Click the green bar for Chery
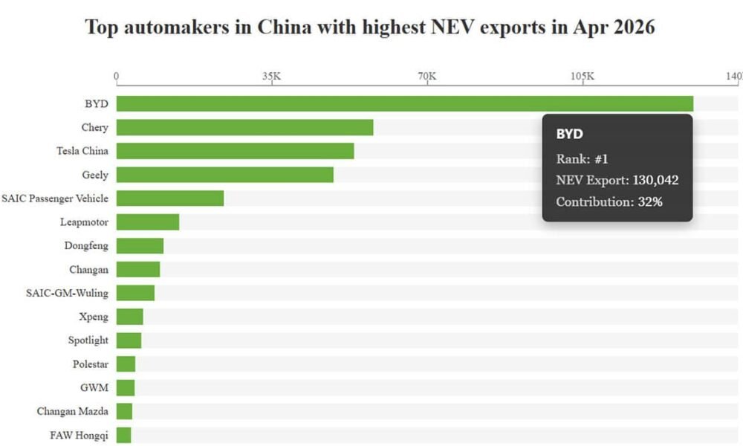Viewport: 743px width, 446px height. (x=244, y=128)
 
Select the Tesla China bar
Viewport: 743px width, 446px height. (x=235, y=151)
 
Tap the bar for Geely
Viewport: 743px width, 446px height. (x=225, y=175)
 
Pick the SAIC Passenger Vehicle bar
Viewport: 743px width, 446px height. (x=170, y=198)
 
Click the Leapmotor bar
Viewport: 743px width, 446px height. (x=148, y=222)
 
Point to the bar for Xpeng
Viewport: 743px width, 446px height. (x=130, y=317)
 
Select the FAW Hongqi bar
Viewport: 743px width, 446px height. (x=123, y=435)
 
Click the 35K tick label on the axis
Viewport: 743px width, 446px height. (x=271, y=76)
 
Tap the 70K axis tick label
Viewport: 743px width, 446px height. (x=427, y=76)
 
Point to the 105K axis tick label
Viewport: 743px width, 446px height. (x=583, y=76)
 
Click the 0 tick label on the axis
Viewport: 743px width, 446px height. (x=116, y=77)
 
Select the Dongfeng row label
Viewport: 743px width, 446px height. (x=86, y=246)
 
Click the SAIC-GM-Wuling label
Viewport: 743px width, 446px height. (x=68, y=293)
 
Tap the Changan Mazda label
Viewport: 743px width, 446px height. (x=73, y=411)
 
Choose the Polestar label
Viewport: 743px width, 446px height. (x=91, y=364)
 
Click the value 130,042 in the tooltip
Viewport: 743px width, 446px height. (x=656, y=180)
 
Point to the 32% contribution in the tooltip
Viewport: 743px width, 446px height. (x=650, y=202)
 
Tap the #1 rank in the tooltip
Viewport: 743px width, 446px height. (x=601, y=159)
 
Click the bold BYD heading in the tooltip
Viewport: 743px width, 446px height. (x=570, y=134)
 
